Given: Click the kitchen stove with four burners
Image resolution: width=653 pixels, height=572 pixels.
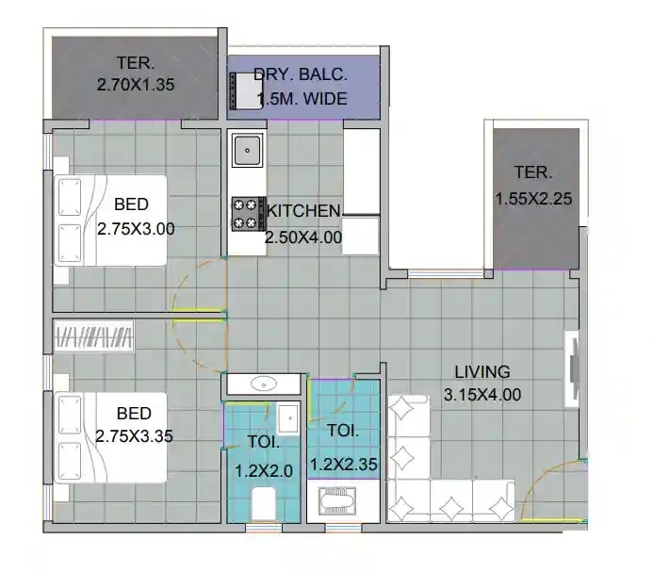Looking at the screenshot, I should coord(247,213).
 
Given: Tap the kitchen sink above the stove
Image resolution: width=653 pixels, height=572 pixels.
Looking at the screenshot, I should coord(247,148).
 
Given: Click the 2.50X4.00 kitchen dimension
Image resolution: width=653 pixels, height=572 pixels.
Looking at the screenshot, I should coord(303,237).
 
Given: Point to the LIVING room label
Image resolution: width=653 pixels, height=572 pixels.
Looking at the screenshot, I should coord(482,371).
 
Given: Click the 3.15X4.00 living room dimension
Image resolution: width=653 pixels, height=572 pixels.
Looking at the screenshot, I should coord(482,396).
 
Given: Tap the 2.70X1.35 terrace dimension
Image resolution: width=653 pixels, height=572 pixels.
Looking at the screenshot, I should coord(136,85).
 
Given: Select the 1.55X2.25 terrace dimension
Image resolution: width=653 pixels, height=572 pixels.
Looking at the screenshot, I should coord(533,199).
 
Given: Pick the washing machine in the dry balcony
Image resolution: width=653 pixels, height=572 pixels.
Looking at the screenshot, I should coord(247,91).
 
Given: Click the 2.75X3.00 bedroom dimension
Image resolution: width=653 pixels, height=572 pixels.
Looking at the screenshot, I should coord(136,228).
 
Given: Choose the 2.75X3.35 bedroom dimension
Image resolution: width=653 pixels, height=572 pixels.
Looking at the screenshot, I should coord(134,436).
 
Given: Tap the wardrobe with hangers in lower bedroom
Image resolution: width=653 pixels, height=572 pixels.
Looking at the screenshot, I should coord(94,335).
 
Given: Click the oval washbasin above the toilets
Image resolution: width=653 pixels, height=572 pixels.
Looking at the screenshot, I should coord(265,383).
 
